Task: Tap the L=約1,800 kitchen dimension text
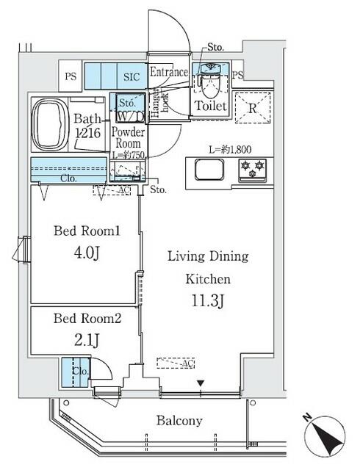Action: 229,150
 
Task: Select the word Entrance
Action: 170,72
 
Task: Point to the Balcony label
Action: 178,421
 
